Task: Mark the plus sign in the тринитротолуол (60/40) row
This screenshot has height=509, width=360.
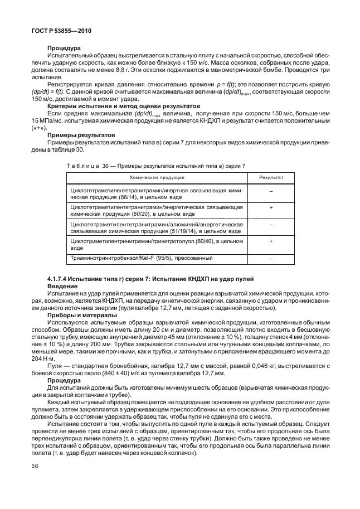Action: [271, 241]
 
